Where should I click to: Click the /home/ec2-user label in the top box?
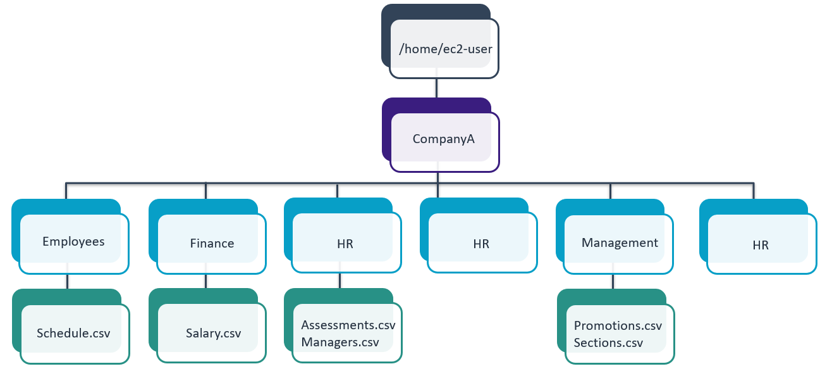click(446, 48)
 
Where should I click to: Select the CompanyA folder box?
click(444, 139)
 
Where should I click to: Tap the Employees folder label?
click(73, 241)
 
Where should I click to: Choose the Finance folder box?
click(212, 243)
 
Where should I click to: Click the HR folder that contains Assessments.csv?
click(345, 243)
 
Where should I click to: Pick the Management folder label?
click(620, 242)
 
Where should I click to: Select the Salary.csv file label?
click(213, 333)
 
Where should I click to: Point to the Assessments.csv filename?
click(348, 325)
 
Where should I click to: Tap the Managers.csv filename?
click(340, 343)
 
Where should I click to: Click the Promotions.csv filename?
click(618, 326)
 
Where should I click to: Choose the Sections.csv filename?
click(608, 343)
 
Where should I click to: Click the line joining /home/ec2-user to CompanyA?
click(436, 88)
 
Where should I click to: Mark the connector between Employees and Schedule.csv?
click(67, 281)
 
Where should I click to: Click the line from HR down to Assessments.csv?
click(340, 280)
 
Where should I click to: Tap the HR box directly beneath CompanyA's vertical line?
click(481, 244)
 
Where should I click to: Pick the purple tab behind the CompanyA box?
click(386, 130)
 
